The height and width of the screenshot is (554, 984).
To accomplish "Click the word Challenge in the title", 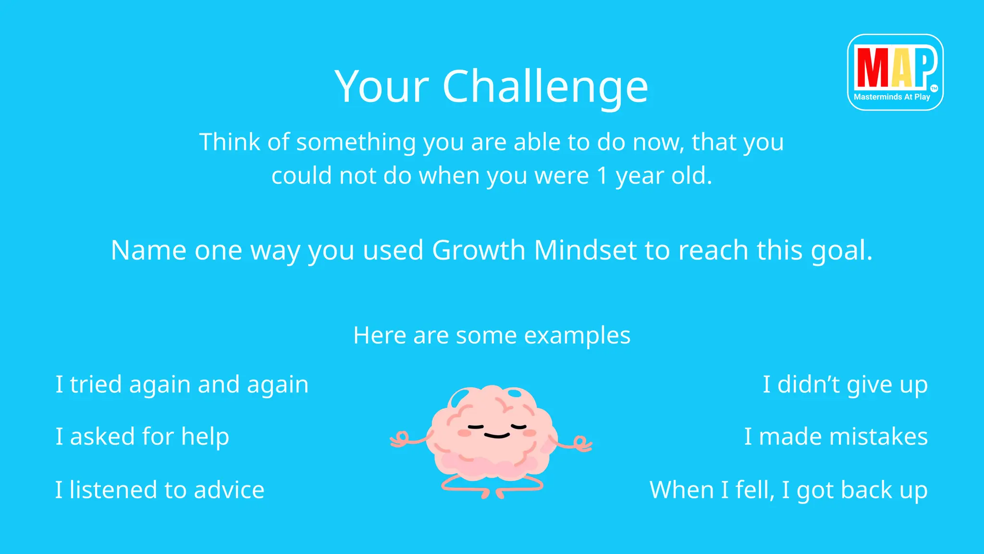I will tap(545, 87).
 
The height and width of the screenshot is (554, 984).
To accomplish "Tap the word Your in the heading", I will tap(381, 87).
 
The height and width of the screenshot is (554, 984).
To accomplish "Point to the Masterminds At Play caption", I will tap(892, 97).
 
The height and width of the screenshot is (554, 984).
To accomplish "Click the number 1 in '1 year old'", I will tap(602, 176).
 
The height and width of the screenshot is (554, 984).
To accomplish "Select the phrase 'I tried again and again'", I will tap(182, 385).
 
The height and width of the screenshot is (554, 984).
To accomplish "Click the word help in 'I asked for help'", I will tap(205, 437).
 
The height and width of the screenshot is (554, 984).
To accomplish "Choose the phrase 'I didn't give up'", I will tap(845, 385).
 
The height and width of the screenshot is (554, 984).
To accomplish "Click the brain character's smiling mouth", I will tap(496, 436).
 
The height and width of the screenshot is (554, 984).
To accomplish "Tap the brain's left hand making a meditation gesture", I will tap(400, 440).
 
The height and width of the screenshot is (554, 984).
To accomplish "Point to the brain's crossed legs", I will tap(492, 487).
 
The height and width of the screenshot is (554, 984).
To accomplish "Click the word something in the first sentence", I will tap(356, 142).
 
